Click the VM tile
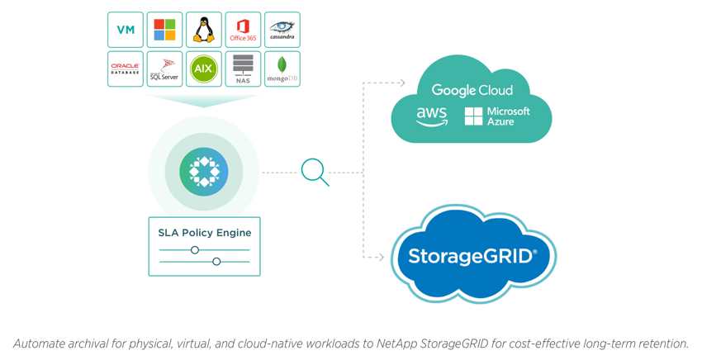(x=126, y=30)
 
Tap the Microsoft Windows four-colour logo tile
(x=164, y=30)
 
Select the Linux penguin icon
(x=204, y=30)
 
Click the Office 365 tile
(x=243, y=30)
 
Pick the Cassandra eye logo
(x=282, y=28)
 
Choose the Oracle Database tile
(x=126, y=69)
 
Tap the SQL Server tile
(x=164, y=69)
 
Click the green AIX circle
(x=204, y=69)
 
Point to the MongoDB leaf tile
(x=282, y=69)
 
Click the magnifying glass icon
(x=315, y=173)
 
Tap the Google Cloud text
(x=472, y=91)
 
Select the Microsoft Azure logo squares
(x=474, y=116)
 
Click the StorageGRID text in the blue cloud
(x=472, y=256)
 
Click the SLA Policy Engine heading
(x=205, y=233)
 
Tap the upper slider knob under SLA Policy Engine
(x=195, y=250)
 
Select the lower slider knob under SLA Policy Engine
(x=216, y=262)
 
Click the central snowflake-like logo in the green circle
(x=204, y=172)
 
